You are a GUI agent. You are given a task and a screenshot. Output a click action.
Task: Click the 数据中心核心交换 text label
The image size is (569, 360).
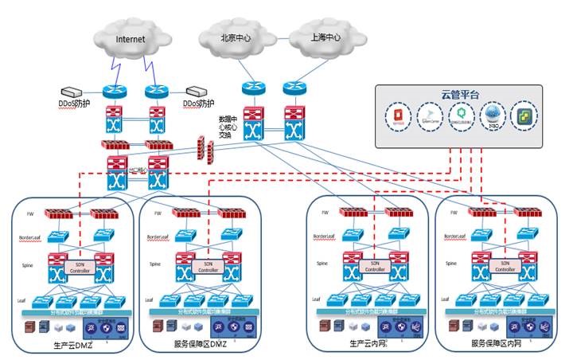[x=229, y=126]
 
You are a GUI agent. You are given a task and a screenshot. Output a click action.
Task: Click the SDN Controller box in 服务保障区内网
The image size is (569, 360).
[x=502, y=267]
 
